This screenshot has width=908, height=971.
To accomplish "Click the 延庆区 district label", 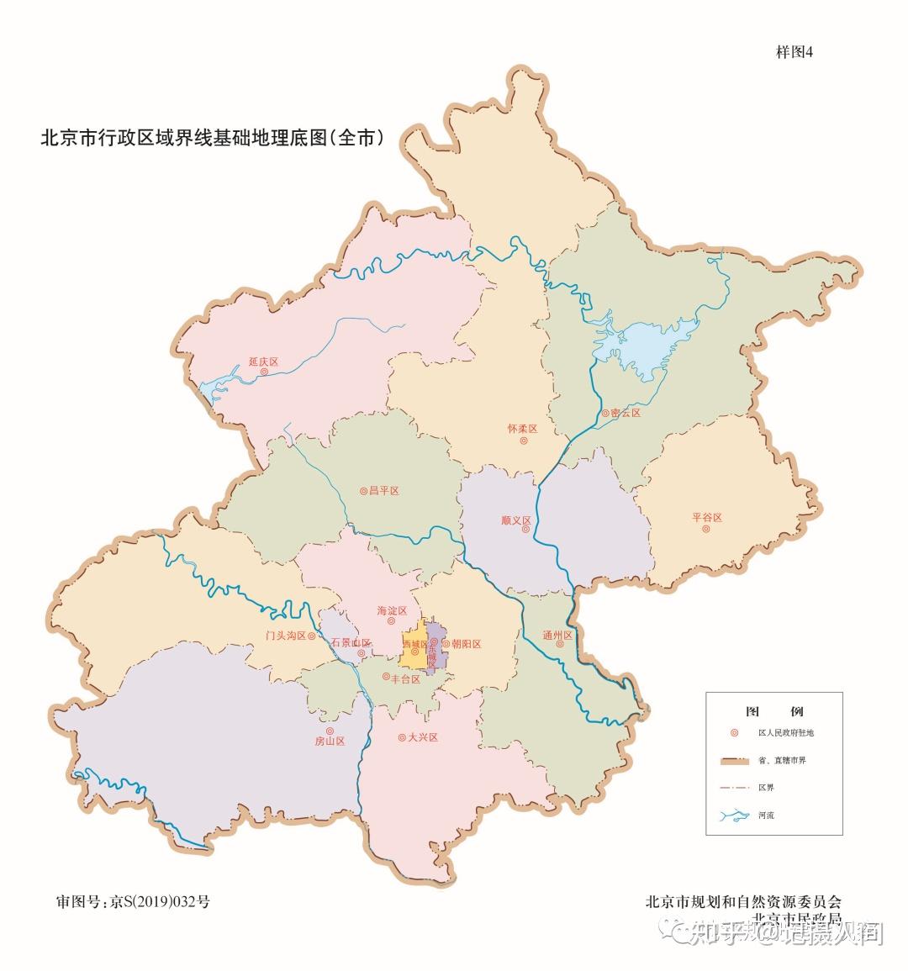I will tap(263, 362).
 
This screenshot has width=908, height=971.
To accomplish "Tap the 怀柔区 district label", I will tap(522, 429).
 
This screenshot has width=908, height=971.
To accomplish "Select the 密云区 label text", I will tap(626, 414).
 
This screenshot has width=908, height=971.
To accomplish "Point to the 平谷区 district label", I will tap(707, 518).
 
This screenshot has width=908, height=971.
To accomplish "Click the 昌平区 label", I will tap(383, 490).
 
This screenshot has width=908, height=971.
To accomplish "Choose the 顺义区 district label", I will tap(515, 520).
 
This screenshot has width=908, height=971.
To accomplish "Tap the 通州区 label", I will tap(557, 636).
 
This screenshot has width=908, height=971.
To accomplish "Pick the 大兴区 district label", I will tap(423, 737).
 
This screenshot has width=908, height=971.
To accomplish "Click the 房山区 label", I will tap(330, 741).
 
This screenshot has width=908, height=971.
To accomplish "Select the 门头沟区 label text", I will tap(286, 636).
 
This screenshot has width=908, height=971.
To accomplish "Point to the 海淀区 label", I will tap(392, 611).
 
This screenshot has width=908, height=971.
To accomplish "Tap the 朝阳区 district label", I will tap(466, 644).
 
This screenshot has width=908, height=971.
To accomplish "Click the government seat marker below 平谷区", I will tap(706, 530).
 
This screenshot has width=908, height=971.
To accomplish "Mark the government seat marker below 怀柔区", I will tap(523, 441).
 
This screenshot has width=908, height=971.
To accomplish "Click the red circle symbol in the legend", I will tap(735, 733).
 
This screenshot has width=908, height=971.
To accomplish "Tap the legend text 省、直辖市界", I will tap(782, 761).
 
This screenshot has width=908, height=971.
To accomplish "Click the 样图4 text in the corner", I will tap(794, 52).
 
